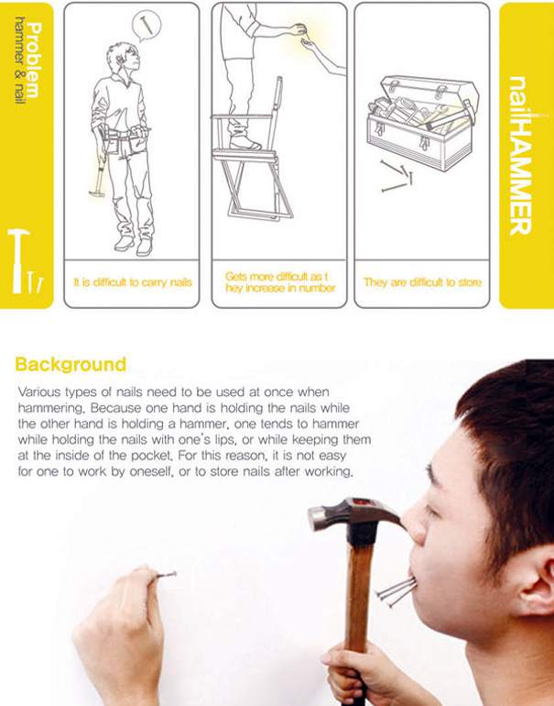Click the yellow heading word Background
[x=71, y=364]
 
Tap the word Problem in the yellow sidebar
[x=34, y=61]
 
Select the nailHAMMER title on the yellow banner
[x=521, y=156]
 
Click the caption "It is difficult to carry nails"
[x=133, y=282]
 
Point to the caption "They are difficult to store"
[x=422, y=282]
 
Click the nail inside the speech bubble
[x=146, y=25]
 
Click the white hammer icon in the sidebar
[x=18, y=261]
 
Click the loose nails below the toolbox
[x=396, y=176]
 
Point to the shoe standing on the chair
[x=244, y=142]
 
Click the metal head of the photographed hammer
[x=355, y=514]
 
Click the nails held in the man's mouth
[x=396, y=590]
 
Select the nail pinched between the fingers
[x=166, y=575]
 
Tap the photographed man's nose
[x=415, y=523]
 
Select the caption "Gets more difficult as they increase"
[x=280, y=282]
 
